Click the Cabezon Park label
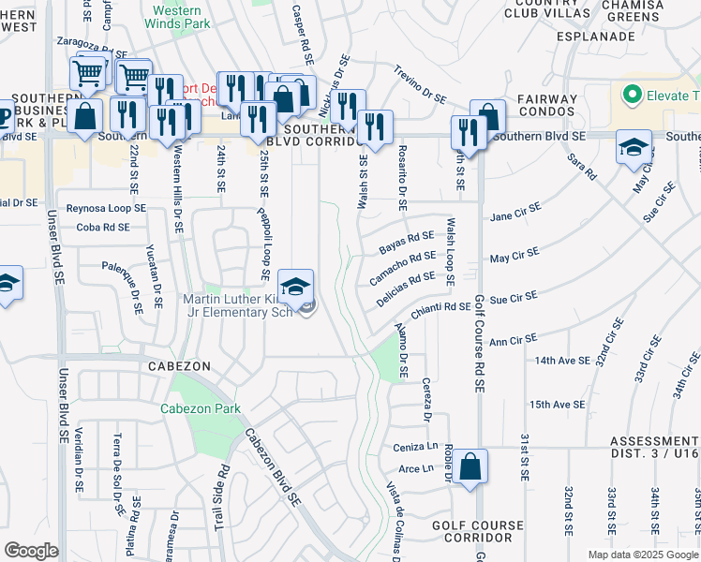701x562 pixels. point(201,408)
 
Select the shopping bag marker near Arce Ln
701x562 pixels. point(473,466)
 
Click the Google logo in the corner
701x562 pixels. point(32,550)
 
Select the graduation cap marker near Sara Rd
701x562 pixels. point(634,148)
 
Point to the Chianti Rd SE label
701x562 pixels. point(440,307)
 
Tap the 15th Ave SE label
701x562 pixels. point(557,405)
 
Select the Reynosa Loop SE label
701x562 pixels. point(106,208)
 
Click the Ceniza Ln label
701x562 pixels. point(415,447)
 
